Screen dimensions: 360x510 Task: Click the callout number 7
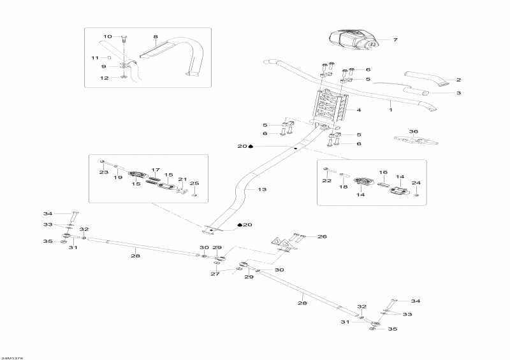pos(395,40)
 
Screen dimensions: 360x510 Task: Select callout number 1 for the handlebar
pos(390,111)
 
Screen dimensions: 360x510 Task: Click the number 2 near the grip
pos(458,80)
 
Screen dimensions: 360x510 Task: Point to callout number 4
pos(359,110)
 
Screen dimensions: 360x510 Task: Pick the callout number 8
pos(155,36)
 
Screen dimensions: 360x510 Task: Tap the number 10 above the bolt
pos(107,36)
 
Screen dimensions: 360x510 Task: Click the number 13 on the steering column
pos(261,189)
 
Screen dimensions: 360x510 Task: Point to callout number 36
pos(414,131)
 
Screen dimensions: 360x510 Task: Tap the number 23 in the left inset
pos(104,172)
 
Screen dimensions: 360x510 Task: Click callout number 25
pos(195,184)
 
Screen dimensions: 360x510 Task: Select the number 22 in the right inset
pos(326,180)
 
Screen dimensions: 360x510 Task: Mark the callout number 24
pos(416,183)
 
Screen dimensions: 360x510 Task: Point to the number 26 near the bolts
pos(323,236)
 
